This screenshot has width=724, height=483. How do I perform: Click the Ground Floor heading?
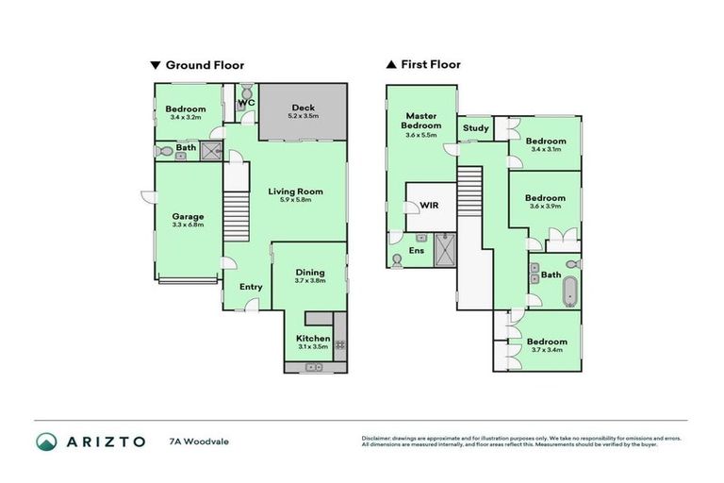[205, 65]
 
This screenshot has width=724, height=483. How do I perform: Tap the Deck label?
[303, 107]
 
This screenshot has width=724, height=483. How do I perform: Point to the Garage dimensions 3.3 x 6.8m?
[189, 226]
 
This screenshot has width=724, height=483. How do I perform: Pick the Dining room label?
[309, 273]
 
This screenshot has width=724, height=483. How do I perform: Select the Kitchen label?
[314, 338]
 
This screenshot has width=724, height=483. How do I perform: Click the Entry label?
[251, 287]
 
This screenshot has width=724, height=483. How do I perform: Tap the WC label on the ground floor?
[246, 102]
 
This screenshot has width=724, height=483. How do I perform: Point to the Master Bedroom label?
[420, 120]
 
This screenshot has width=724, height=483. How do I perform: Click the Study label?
[475, 128]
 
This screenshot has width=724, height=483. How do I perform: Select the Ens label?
[417, 250]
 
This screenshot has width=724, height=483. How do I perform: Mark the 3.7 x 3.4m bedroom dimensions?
[547, 351]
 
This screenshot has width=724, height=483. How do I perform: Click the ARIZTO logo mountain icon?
[46, 441]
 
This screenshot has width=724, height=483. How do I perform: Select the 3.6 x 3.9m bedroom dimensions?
[547, 206]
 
